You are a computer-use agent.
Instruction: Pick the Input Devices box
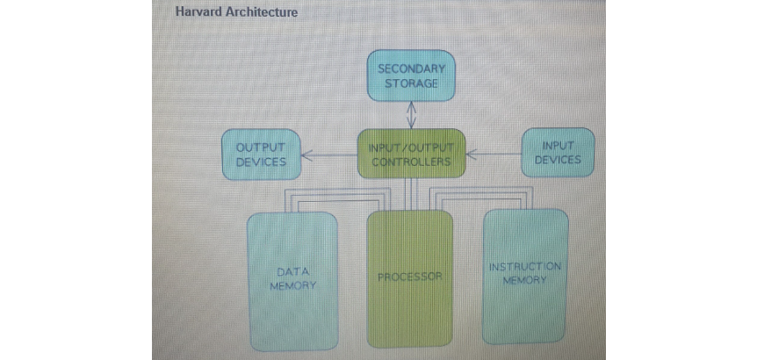558,153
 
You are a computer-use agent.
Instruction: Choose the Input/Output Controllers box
411,155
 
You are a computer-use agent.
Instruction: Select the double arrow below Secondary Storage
411,114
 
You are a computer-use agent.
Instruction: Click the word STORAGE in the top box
411,83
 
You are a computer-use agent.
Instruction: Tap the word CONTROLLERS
411,162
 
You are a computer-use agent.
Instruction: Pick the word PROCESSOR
409,277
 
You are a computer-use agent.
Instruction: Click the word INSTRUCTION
525,266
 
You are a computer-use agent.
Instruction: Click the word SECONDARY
411,68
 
